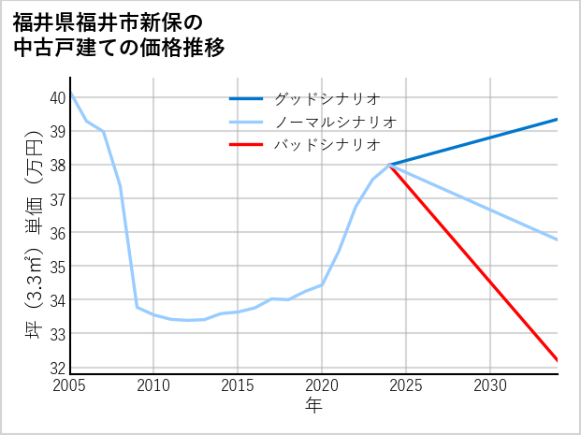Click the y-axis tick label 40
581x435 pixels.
[57, 97]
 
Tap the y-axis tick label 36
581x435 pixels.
[57, 233]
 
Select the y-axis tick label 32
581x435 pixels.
[57, 368]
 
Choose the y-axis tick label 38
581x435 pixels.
[57, 165]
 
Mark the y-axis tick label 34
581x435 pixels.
[57, 300]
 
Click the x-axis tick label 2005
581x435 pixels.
[69, 385]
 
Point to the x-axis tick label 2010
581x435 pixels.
[153, 385]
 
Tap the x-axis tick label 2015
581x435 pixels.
[238, 385]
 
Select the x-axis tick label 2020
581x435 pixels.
[322, 385]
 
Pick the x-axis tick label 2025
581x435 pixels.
[406, 385]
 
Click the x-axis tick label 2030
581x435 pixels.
[490, 385]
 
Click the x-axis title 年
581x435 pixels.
[313, 406]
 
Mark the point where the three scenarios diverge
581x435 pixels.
[389, 165]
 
